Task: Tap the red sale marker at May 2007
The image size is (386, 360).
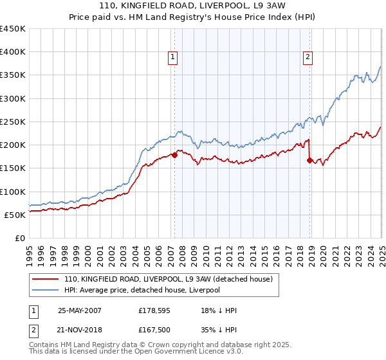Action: pyautogui.click(x=174, y=155)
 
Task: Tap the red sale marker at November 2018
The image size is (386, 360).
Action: pyautogui.click(x=310, y=160)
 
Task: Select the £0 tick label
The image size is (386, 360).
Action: pyautogui.click(x=20, y=238)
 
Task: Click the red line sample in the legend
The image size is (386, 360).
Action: pyautogui.click(x=46, y=280)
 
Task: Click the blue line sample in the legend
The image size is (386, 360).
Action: pyautogui.click(x=46, y=290)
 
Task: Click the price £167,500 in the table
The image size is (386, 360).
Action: pyautogui.click(x=153, y=330)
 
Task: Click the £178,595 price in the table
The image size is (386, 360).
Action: pyautogui.click(x=153, y=310)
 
